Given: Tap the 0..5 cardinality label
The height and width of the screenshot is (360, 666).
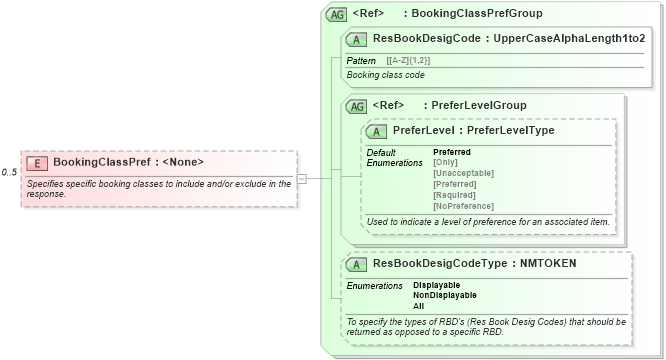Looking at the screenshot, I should (x=10, y=173).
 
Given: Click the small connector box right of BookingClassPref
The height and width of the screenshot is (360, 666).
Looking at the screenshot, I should (x=302, y=178).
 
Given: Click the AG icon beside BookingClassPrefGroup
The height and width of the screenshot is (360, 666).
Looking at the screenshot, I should (x=337, y=15).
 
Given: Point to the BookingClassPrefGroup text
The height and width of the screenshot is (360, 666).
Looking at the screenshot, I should (x=483, y=15).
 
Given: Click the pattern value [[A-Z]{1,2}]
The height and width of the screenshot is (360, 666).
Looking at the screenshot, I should (x=410, y=61).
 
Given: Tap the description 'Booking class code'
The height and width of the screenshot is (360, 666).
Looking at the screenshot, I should (x=386, y=75).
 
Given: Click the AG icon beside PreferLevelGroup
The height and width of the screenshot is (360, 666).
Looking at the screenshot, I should (x=356, y=106).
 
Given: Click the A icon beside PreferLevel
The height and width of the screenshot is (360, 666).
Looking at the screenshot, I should (x=377, y=131).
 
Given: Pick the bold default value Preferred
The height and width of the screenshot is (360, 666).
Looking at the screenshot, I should (x=451, y=152).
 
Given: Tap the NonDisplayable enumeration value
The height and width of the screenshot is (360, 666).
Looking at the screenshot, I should (x=444, y=295).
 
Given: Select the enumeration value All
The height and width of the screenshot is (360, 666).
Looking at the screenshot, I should (x=419, y=306).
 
